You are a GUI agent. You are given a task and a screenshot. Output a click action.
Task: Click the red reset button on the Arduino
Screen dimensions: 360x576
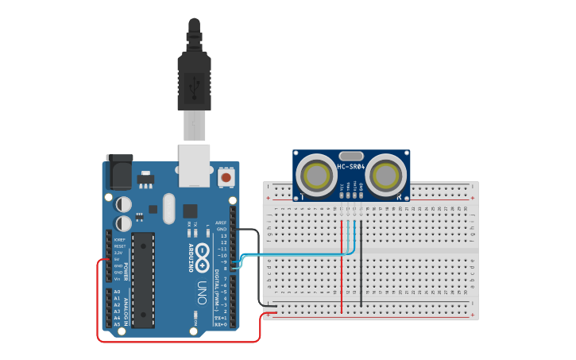(x=226, y=177)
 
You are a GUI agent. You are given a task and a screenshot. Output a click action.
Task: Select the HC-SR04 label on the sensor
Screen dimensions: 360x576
(x=350, y=167)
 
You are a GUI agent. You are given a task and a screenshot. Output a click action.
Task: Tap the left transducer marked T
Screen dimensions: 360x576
(x=318, y=174)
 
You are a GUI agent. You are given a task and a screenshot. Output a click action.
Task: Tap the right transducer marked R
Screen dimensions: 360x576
(x=386, y=174)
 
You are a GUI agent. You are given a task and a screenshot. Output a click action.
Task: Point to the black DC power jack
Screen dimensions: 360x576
(x=118, y=172)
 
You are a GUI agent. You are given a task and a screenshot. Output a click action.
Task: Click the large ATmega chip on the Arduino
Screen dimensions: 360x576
(x=143, y=280)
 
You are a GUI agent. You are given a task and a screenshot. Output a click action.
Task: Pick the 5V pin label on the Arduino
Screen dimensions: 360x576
(x=118, y=259)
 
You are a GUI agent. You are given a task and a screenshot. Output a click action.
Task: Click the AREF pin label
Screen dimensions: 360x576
(x=222, y=223)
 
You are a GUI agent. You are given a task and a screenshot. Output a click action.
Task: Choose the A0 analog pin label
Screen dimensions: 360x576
(x=117, y=292)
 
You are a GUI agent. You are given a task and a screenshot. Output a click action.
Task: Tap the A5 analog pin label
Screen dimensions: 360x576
(x=117, y=324)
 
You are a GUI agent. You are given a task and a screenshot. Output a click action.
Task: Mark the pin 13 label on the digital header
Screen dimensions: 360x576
(x=223, y=236)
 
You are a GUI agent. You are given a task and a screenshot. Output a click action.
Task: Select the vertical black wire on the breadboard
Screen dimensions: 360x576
(x=361, y=266)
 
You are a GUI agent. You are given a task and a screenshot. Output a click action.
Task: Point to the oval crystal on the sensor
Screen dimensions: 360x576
(x=350, y=156)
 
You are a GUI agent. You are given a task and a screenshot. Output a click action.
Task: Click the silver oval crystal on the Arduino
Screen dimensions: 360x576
(x=168, y=209)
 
